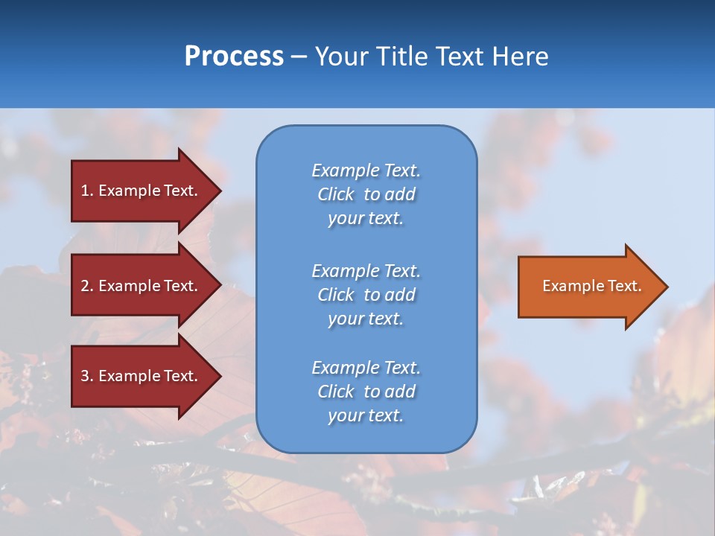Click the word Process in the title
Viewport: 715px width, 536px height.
point(234,57)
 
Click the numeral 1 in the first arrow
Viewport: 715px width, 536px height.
point(85,191)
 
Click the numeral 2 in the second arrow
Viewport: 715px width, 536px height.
point(85,286)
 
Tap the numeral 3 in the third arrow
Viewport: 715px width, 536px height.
point(85,376)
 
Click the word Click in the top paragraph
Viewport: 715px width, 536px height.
point(336,194)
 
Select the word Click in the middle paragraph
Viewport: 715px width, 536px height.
point(336,295)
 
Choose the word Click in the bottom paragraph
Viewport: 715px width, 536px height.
point(336,392)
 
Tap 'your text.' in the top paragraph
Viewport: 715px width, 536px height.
point(366,219)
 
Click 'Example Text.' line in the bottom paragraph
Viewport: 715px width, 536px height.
point(366,368)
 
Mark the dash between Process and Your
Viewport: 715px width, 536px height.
point(299,57)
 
